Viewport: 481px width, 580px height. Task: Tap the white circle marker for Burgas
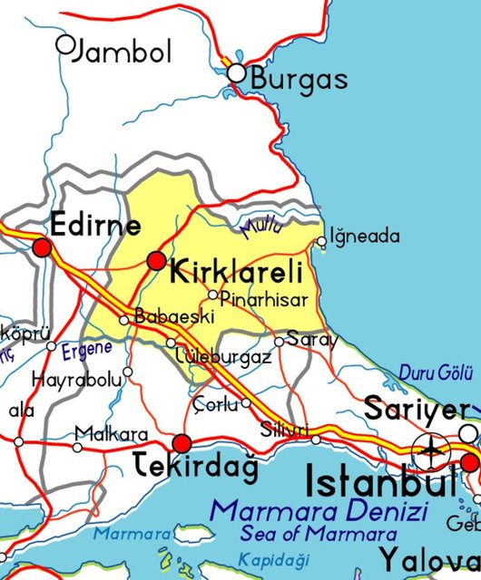pos(237,72)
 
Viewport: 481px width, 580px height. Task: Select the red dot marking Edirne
pos(42,246)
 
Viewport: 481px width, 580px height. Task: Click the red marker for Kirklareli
pos(157,261)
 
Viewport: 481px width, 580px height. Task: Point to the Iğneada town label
pos(364,237)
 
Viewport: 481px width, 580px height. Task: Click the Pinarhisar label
pos(264,299)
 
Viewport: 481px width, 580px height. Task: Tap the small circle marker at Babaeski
pos(124,319)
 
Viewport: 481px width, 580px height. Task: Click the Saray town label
pos(311,340)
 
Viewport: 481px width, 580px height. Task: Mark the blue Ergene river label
pos(87,348)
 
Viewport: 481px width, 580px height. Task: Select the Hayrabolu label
pos(76,380)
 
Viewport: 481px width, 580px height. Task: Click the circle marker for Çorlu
pos(246,403)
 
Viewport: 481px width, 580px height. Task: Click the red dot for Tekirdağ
pos(182,443)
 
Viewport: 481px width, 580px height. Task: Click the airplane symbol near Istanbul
pos(429,448)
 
